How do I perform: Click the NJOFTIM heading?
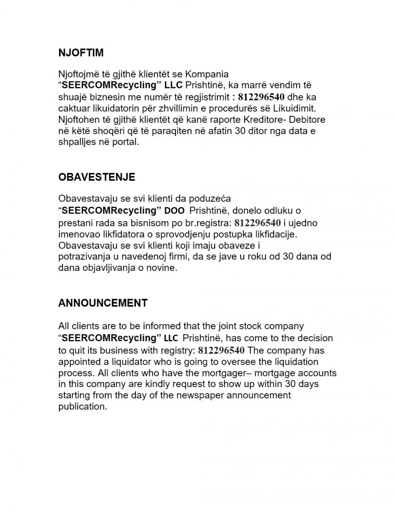(81, 53)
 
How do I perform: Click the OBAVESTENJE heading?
(97, 177)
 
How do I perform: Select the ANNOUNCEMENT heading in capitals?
(103, 303)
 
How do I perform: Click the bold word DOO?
(175, 211)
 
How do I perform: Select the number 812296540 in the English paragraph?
(221, 351)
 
